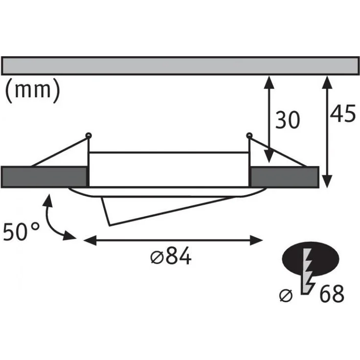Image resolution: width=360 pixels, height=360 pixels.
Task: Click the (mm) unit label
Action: [x=33, y=90]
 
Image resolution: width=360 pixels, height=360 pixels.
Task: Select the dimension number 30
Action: [x=288, y=120]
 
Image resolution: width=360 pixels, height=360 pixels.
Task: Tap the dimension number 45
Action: [x=343, y=113]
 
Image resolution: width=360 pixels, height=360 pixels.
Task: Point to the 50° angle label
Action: [x=21, y=231]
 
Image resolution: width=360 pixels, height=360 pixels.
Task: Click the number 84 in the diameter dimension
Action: [x=179, y=256]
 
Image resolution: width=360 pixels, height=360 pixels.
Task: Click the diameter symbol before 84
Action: [x=157, y=257]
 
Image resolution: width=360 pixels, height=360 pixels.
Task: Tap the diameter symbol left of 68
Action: [x=286, y=295]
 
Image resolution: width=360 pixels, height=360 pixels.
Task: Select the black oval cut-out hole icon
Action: [x=311, y=259]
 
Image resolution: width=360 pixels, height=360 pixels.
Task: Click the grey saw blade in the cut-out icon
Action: [x=307, y=271]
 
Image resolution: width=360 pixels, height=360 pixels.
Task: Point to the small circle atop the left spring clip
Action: [x=89, y=135]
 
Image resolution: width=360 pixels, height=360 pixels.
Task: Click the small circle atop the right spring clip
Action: [x=249, y=135]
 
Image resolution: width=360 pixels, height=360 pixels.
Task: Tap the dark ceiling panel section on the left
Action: [x=44, y=177]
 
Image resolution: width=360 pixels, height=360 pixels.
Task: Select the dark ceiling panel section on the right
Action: [x=285, y=177]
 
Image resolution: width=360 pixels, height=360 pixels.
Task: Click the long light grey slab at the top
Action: [x=180, y=66]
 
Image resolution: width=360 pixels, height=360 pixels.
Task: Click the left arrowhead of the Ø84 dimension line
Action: [x=90, y=240]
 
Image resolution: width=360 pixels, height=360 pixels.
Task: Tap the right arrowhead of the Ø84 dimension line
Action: [x=256, y=240]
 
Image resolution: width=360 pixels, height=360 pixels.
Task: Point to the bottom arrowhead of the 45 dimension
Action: [x=327, y=181]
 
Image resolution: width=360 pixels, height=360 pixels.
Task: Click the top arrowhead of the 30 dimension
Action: [x=269, y=82]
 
